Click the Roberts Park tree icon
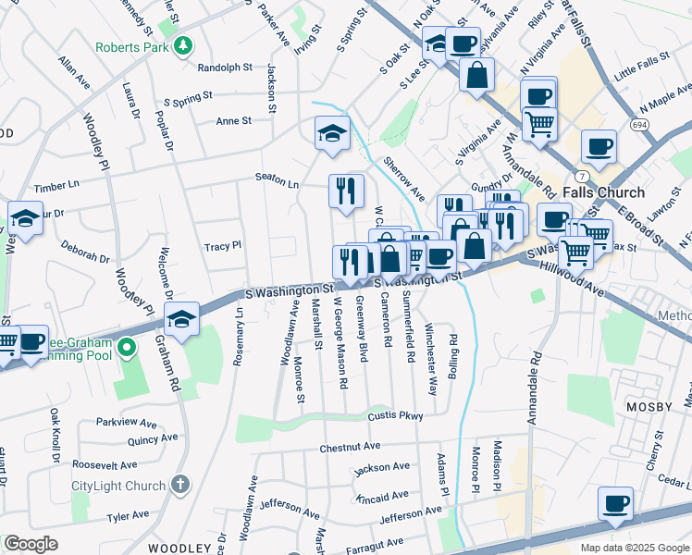(183, 45)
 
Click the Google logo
(31, 544)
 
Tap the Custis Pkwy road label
(395, 416)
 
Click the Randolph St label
(226, 68)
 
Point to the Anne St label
(233, 121)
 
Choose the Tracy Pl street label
(222, 246)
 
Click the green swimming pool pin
(129, 348)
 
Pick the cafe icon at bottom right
(615, 503)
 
